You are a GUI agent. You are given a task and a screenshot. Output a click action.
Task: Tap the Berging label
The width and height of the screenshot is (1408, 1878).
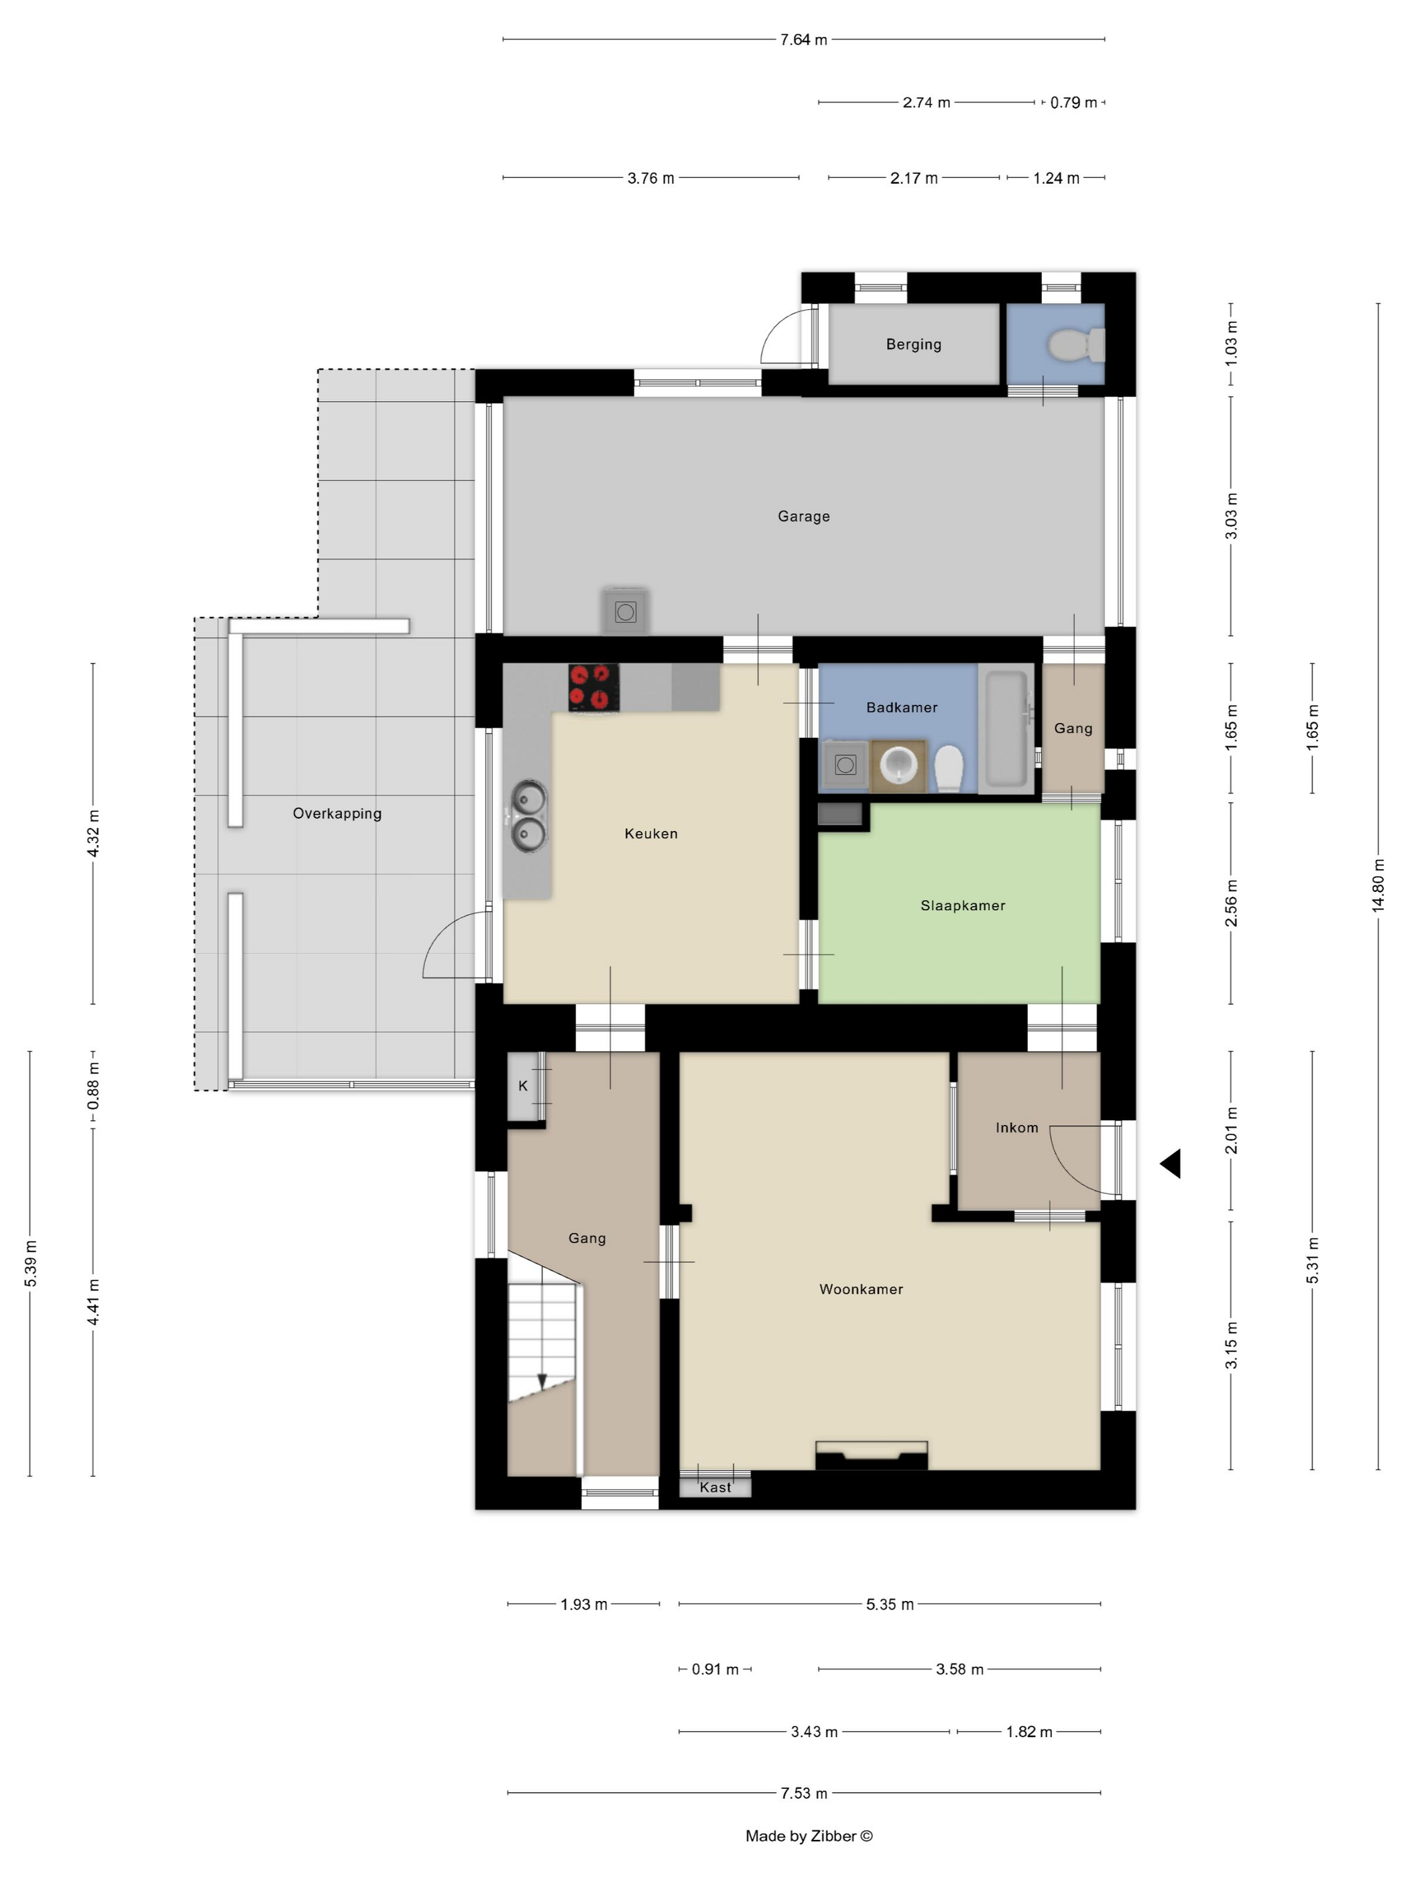913,344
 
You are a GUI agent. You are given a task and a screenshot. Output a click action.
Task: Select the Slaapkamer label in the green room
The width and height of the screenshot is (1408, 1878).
962,905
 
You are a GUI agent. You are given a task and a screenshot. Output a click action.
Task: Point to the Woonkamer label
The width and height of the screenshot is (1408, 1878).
861,1289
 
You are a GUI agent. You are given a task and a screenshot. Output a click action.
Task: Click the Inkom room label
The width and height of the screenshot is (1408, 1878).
1016,1127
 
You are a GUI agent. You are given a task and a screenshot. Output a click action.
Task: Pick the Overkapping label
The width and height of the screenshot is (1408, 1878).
337,814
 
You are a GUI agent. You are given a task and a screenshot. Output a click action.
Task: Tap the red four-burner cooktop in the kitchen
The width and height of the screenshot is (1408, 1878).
593,687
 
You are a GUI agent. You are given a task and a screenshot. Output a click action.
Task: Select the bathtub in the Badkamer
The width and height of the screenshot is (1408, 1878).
1006,728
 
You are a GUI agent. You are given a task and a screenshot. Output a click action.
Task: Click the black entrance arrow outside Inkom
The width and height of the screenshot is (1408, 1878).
1171,1163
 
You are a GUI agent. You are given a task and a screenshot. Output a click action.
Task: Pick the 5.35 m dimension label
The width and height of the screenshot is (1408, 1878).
890,1604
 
